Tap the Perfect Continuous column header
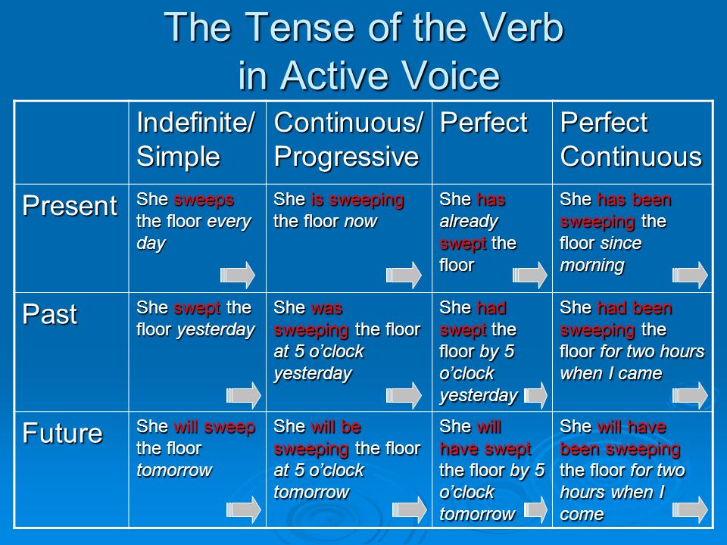point(631,139)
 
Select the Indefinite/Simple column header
point(195,139)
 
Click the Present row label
point(70,205)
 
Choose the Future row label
point(62,433)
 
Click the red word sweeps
point(204,200)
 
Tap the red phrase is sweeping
point(357,200)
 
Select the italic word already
point(469,222)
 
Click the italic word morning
point(592,265)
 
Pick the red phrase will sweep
point(214,427)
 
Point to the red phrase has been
point(635,200)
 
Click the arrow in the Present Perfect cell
point(529,275)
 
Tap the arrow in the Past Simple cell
point(243,395)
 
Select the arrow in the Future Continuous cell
point(410,509)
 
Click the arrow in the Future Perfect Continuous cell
point(690,509)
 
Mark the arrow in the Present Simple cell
point(237,275)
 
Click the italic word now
point(360,222)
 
